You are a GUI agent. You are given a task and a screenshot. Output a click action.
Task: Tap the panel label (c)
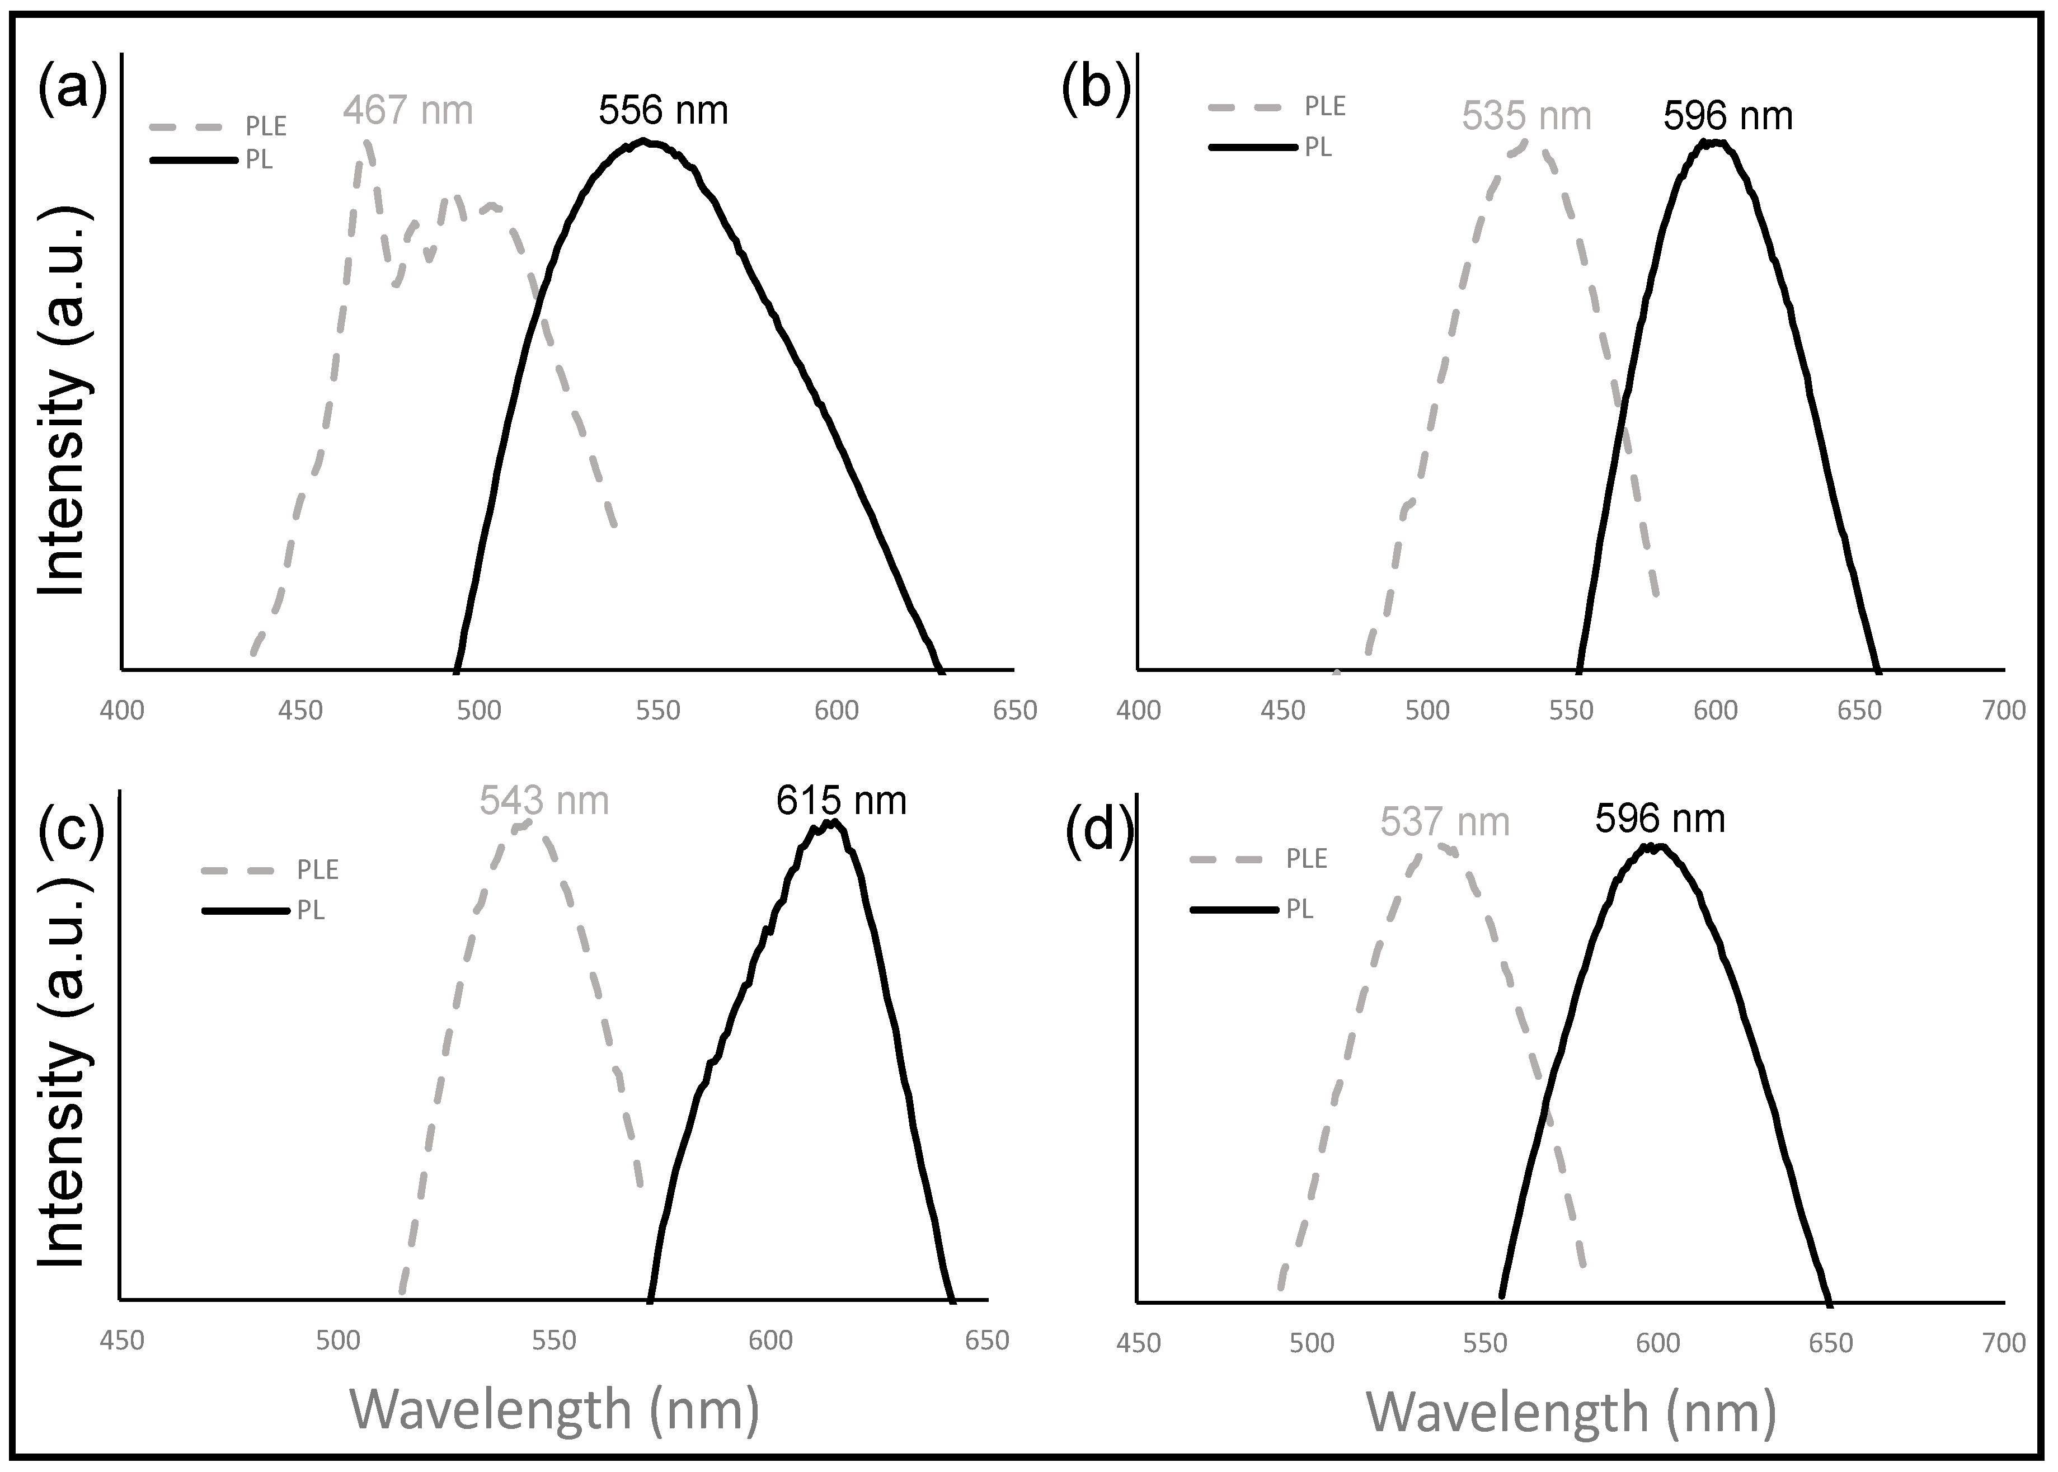73,829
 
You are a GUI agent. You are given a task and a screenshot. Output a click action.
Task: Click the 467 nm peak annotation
408,111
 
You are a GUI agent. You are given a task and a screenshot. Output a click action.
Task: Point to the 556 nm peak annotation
662,111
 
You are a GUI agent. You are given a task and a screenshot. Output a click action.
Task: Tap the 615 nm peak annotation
842,801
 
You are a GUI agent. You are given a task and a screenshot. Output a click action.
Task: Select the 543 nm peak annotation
544,801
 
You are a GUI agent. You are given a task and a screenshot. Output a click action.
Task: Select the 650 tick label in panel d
1830,1342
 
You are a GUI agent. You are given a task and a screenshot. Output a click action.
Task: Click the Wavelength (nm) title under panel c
554,1409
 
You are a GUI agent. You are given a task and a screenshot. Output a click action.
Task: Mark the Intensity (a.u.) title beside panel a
63,399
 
